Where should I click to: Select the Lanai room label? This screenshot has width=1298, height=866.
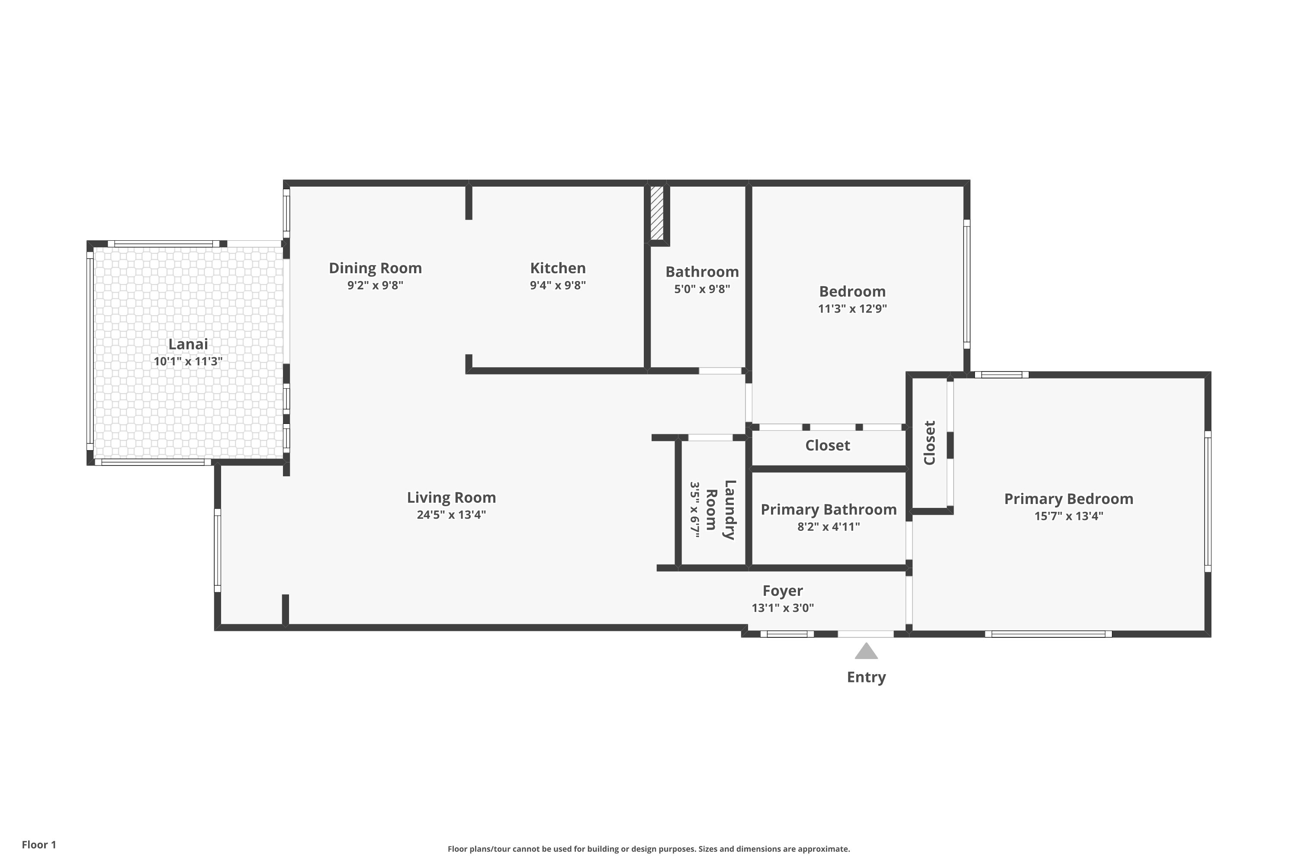click(188, 344)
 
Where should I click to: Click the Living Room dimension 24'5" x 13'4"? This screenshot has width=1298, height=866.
click(451, 515)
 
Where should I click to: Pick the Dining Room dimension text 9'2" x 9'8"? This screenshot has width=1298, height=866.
click(375, 285)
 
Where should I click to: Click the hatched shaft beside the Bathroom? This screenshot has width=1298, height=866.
click(657, 213)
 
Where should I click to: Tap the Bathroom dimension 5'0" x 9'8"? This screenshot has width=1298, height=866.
click(701, 289)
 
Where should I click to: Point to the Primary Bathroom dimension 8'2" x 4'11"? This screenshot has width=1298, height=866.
click(829, 527)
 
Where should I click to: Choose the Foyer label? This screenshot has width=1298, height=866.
click(783, 591)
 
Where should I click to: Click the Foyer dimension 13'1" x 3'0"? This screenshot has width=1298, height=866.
click(783, 608)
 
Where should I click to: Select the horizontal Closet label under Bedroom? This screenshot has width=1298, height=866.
click(827, 445)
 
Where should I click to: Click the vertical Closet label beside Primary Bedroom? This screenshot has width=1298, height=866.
click(929, 443)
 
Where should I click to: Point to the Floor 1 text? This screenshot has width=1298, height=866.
click(39, 844)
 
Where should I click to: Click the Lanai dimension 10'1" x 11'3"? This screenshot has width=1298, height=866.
click(188, 362)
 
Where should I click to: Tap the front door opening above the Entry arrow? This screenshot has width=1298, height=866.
click(865, 634)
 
